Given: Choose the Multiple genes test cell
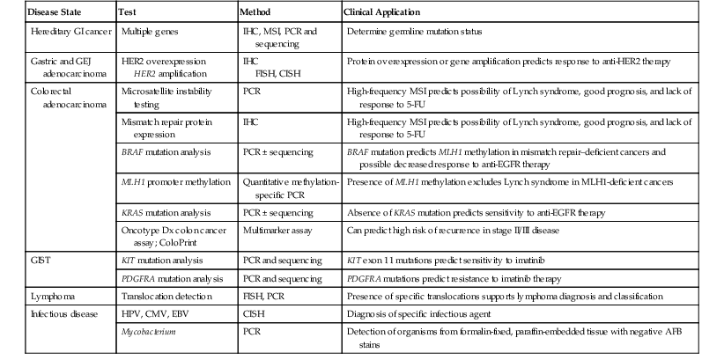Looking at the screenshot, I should click(x=148, y=31).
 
